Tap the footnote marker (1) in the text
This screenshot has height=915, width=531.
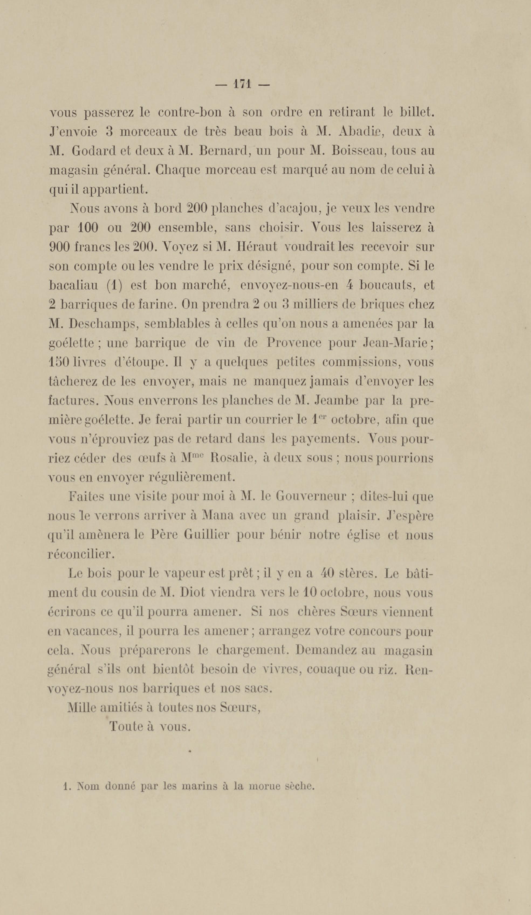[114, 286]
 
